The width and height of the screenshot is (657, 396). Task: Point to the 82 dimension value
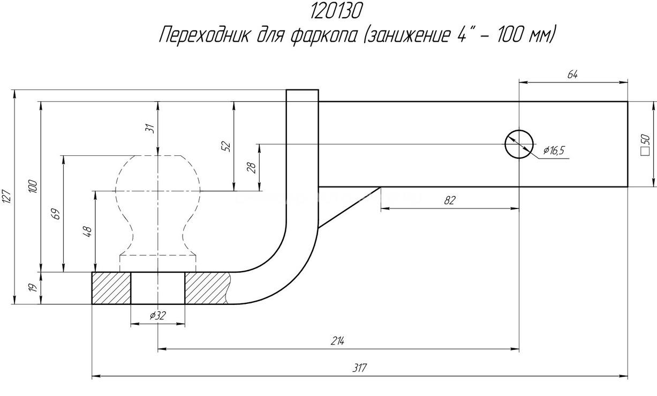[449, 200]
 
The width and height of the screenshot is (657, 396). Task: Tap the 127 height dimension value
[7, 197]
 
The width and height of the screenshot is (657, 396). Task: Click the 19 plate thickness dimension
[33, 288]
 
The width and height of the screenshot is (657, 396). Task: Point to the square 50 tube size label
[645, 144]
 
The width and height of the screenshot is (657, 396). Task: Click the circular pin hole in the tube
[519, 144]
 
